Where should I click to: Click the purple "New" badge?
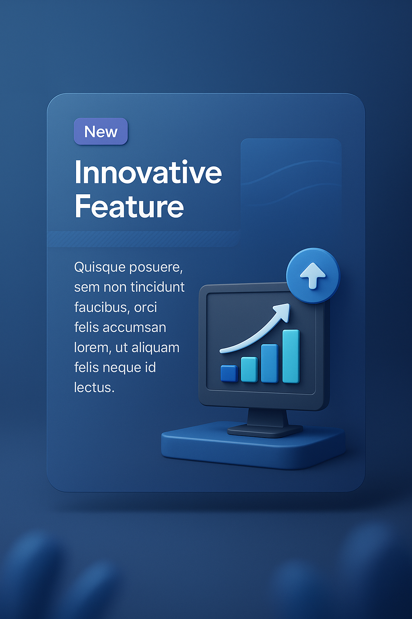pos(101,131)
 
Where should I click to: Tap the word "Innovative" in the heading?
pos(148,172)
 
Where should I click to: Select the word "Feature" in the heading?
pos(129,207)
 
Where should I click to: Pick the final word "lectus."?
pos(94,388)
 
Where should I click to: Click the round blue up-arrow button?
pos(313,276)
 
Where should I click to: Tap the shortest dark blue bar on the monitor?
pos(229,373)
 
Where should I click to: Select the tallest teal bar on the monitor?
pos(291,356)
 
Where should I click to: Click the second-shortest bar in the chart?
pos(249,369)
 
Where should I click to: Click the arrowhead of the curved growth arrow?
pos(283,311)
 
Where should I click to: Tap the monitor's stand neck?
pos(267,418)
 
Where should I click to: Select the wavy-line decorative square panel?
pos(291,177)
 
